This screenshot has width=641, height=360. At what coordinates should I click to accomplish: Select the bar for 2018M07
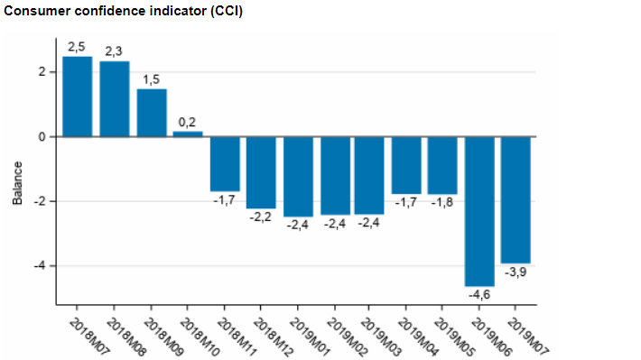78,97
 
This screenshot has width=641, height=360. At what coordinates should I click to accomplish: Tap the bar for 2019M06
479,211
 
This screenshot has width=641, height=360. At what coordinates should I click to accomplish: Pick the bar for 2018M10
188,134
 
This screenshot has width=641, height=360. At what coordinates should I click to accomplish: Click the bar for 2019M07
516,199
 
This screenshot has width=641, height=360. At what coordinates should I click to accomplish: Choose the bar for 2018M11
225,163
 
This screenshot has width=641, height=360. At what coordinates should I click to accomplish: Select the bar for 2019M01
298,176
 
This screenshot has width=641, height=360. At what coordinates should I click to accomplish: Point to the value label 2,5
77,46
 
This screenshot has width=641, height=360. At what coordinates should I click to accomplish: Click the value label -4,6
479,295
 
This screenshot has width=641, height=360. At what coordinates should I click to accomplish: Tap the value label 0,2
188,121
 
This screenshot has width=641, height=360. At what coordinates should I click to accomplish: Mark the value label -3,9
516,272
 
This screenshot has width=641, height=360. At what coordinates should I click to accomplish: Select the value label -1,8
442,204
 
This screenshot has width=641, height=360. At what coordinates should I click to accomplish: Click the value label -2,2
261,217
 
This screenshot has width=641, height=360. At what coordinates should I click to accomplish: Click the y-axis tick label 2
41,72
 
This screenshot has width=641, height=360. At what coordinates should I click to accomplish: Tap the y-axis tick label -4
38,266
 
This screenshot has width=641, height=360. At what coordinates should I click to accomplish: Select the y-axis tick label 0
41,137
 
